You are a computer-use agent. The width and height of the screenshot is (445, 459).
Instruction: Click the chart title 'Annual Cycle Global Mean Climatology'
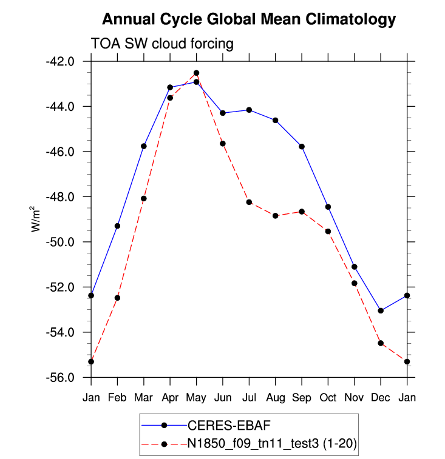pos(249,19)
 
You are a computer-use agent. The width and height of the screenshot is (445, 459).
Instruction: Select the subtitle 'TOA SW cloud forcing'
pos(162,44)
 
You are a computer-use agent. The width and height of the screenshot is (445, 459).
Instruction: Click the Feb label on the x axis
pos(117,397)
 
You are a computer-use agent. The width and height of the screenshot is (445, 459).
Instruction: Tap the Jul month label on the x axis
pos(249,397)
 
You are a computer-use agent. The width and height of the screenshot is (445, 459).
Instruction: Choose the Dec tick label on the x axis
pos(381,397)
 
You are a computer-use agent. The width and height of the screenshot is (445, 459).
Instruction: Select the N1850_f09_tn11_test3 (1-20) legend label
pos(272,444)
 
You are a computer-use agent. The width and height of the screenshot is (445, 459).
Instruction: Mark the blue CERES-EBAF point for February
pos(117,226)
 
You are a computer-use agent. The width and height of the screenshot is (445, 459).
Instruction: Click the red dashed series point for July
pos(249,202)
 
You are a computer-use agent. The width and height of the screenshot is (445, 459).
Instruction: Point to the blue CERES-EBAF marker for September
pos(302,147)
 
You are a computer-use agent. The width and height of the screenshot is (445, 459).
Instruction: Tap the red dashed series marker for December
pos(381,343)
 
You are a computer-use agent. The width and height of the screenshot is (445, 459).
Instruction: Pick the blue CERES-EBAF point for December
pos(381,310)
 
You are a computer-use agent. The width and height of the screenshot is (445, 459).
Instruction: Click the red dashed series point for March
pos(144,198)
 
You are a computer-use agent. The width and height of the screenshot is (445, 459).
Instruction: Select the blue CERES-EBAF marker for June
pos(223,113)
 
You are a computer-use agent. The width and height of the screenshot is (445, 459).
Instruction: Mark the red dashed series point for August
pos(276,216)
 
